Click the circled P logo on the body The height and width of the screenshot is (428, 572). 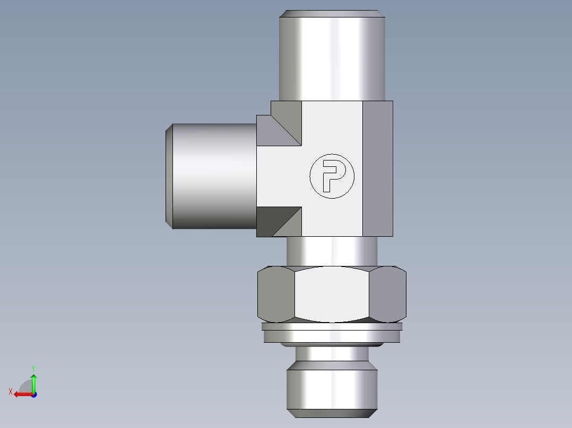[x=332, y=176]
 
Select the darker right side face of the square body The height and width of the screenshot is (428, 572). [x=378, y=168]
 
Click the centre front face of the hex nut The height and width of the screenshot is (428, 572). [x=332, y=294]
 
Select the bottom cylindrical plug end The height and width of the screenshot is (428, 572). [x=332, y=387]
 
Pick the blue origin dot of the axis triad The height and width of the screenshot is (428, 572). [x=33, y=394]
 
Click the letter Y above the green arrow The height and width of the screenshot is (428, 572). [x=33, y=368]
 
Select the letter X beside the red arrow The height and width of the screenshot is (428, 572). [x=11, y=391]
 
